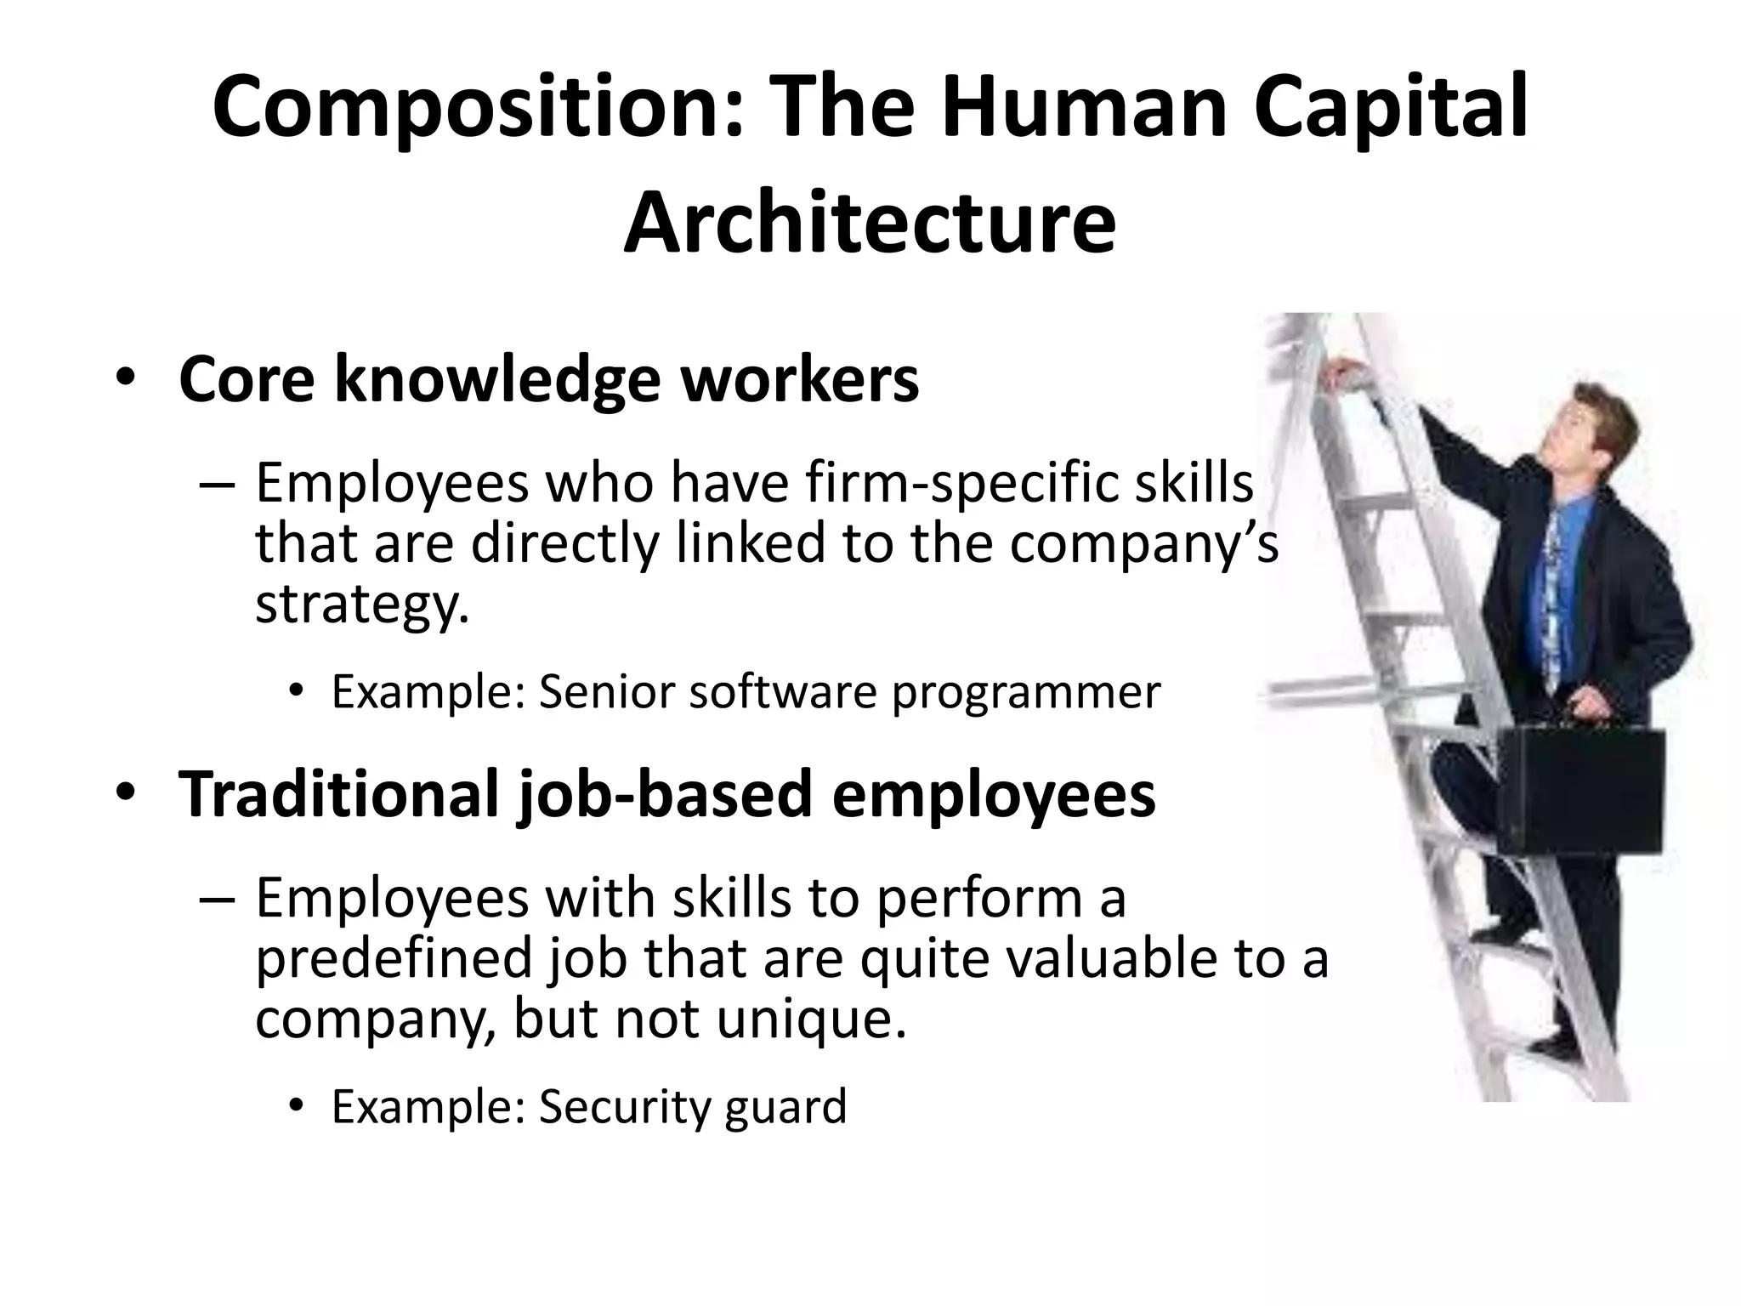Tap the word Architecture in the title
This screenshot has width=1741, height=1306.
point(869,223)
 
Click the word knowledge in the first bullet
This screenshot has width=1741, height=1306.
point(497,380)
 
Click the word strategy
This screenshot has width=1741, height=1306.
point(361,604)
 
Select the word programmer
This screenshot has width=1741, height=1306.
point(1025,692)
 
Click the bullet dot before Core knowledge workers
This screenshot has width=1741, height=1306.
point(127,379)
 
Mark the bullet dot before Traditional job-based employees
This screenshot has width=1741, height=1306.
point(127,792)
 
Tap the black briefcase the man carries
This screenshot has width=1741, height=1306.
point(1579,792)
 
